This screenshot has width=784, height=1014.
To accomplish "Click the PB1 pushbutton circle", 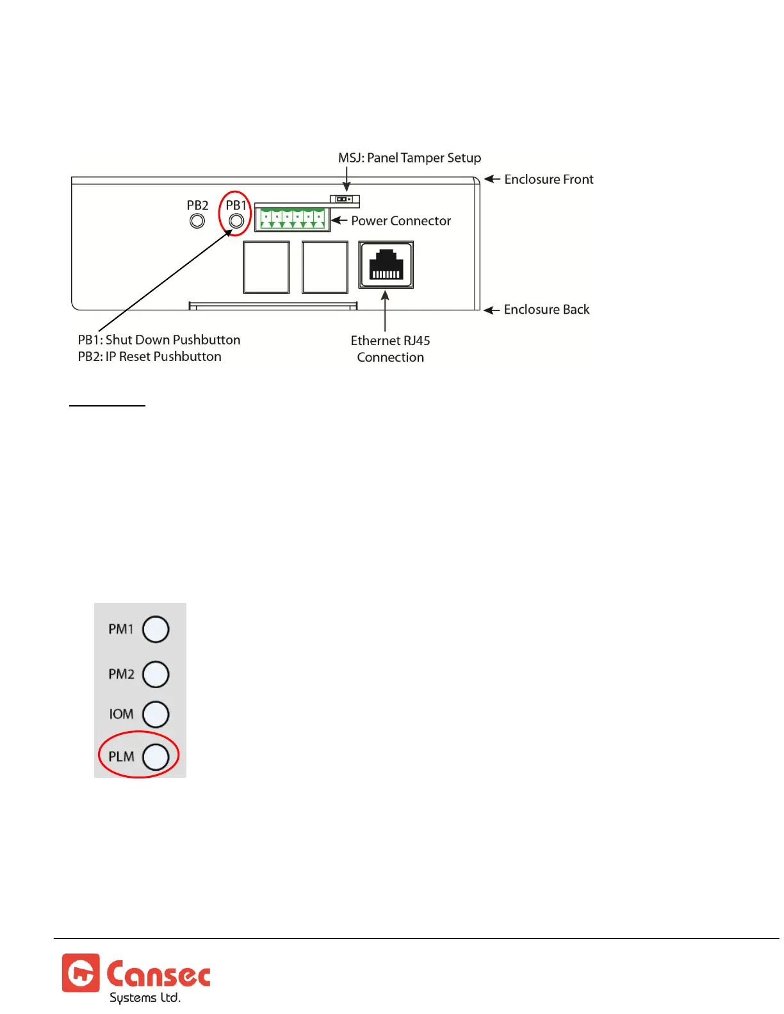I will [x=236, y=221].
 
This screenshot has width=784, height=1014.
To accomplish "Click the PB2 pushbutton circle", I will [x=197, y=221].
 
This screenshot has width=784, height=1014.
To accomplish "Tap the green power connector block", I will [x=292, y=219].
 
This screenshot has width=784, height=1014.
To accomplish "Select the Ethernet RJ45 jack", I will [x=386, y=265].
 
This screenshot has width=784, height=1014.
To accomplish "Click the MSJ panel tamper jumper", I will [x=345, y=199].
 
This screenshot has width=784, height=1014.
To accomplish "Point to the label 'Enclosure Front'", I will [x=548, y=179].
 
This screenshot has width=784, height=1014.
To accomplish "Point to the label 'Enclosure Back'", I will [x=546, y=310].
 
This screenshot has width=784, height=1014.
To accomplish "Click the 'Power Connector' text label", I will [x=401, y=221].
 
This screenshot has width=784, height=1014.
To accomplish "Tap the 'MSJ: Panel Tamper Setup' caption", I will [x=409, y=158].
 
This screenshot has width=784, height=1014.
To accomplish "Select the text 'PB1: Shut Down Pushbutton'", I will [x=159, y=340].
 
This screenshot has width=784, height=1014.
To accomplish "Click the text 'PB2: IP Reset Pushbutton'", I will [x=149, y=357].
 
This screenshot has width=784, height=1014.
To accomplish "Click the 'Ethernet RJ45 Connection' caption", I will [x=390, y=349].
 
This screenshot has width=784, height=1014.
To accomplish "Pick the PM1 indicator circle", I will [x=156, y=629].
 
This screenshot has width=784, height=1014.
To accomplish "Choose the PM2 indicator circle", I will [x=156, y=674].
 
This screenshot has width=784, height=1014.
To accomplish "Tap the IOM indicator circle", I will [x=156, y=714].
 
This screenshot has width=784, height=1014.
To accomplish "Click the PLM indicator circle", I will [x=156, y=757].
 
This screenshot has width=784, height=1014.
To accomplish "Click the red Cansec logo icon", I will [x=81, y=973].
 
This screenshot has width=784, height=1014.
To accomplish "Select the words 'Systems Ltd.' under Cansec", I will [x=145, y=998].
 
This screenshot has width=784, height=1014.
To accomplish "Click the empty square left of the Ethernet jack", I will [x=325, y=267].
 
